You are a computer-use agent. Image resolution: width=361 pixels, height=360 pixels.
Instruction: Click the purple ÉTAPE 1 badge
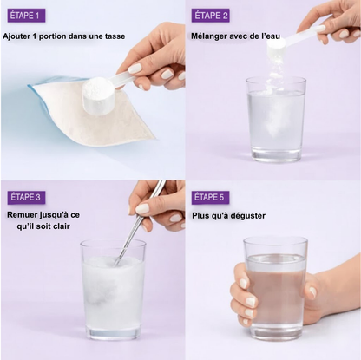coord(26,16)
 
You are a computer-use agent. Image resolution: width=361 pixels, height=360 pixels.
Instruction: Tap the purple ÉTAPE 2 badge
coord(211,16)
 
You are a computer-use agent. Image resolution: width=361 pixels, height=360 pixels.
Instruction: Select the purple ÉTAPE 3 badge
coord(26,198)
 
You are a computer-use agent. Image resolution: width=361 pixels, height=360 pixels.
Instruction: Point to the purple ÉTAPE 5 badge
coord(210,198)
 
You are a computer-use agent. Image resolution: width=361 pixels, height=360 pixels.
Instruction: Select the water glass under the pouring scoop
coord(275,119)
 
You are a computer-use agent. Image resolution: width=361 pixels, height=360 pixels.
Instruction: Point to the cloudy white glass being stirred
coord(113,290)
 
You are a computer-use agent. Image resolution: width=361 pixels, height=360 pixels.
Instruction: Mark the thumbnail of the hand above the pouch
coord(135,69)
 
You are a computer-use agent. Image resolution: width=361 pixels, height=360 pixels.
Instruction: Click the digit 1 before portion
coord(34,36)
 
